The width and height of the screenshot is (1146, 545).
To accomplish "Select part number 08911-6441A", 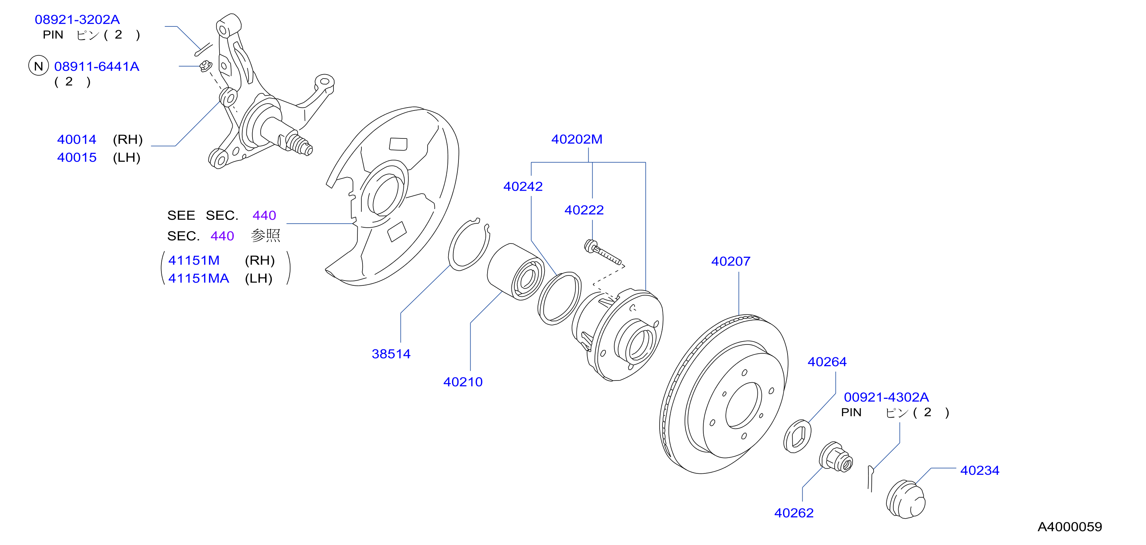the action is tap(97, 67).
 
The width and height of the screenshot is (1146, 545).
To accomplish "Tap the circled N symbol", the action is tap(39, 66).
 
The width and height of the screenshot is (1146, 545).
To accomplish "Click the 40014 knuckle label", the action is tap(76, 140).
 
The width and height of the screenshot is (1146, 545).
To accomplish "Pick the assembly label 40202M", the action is tap(577, 139).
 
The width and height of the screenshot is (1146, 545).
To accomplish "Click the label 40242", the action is tap(523, 186).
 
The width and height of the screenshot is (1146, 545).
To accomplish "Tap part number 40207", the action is tap(731, 261).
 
